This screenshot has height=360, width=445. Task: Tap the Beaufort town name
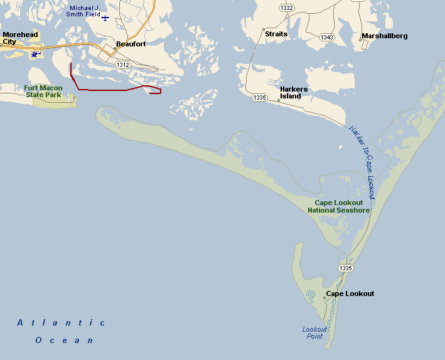131,45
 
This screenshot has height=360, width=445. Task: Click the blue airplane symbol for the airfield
105,18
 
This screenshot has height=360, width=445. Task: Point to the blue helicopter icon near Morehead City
35,55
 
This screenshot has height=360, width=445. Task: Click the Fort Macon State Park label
43,92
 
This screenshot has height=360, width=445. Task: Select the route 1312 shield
122,65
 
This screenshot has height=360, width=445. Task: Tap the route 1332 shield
287,8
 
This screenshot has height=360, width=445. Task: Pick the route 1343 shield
326,38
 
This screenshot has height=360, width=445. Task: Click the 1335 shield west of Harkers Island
260,98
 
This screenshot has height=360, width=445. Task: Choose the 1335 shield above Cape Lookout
345,268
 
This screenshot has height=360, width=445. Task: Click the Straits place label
276,34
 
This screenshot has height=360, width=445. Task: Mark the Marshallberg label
385,36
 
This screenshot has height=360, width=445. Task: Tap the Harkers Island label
294,93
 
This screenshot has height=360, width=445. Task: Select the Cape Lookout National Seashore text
338,206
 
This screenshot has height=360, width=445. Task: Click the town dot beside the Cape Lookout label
324,298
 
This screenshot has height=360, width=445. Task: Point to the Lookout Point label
314,332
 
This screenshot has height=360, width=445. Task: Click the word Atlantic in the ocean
61,322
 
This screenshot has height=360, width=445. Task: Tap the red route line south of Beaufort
100,90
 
